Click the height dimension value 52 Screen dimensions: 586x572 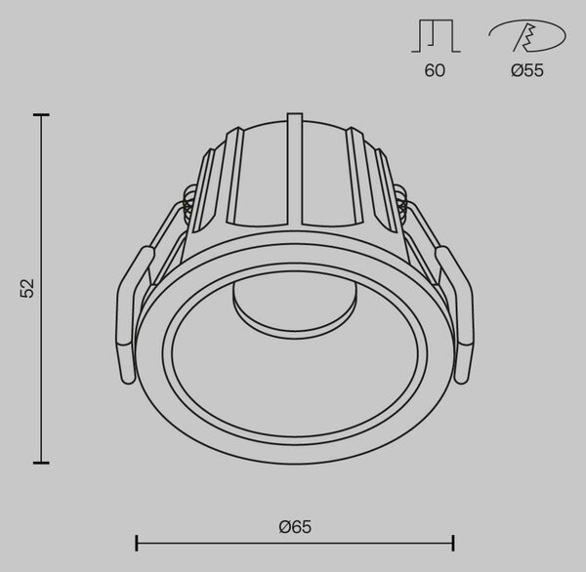pos(27,288)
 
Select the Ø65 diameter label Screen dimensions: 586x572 pos(295,527)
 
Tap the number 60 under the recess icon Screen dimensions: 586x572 pos(435,70)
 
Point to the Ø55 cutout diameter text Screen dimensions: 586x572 pos(527,70)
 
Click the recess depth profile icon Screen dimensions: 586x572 pos(436,36)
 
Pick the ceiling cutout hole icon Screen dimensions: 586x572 pos(527,36)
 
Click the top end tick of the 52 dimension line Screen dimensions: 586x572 pos(41,115)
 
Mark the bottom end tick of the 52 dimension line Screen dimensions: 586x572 pos(41,463)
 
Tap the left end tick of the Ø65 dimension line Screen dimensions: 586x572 pos(137,543)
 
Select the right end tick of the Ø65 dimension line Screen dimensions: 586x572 pos(453,543)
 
